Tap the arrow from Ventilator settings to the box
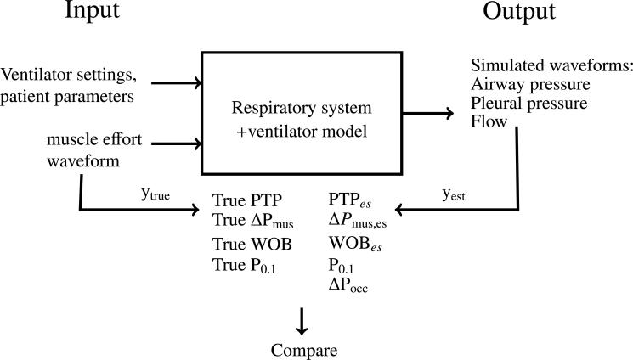[176, 83]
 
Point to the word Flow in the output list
[489, 121]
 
